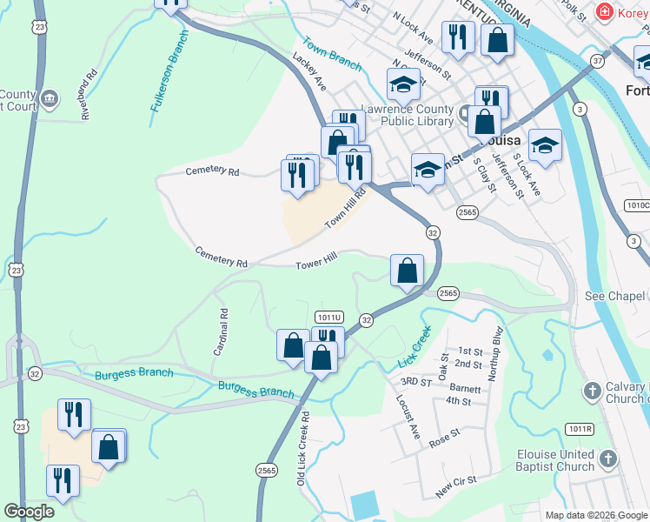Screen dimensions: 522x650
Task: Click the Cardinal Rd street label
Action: tap(220, 331)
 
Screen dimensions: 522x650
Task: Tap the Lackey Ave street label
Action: tap(308, 71)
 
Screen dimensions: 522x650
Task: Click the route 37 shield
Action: tap(597, 61)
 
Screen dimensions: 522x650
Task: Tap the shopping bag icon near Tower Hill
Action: tap(407, 271)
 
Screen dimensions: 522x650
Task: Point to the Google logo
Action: tap(29, 512)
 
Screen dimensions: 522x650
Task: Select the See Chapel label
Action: tap(616, 296)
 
